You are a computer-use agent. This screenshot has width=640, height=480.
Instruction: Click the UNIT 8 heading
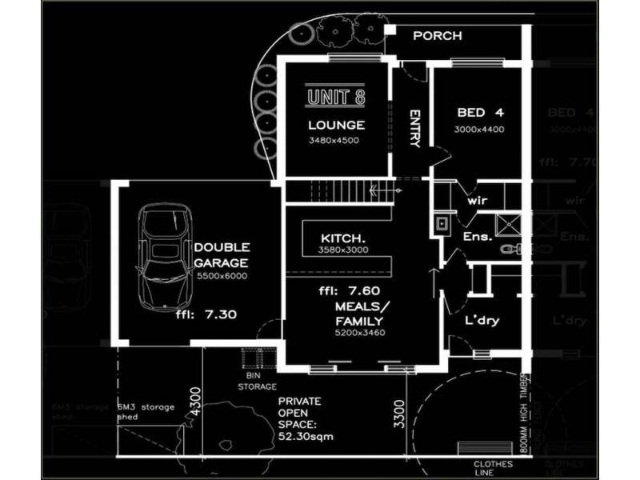(x=337, y=98)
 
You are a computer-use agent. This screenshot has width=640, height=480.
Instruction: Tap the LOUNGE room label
(x=337, y=125)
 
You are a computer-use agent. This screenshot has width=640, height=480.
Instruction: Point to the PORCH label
(x=437, y=36)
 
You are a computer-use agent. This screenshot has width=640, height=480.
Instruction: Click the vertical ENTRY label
(x=414, y=128)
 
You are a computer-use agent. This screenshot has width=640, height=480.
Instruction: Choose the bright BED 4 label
(x=480, y=112)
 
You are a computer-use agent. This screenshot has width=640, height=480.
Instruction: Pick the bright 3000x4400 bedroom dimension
(x=480, y=129)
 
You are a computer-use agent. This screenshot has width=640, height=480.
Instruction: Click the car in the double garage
(x=165, y=257)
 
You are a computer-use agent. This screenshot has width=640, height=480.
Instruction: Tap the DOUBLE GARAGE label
(x=222, y=255)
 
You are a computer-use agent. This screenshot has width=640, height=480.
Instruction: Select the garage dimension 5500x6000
(x=222, y=276)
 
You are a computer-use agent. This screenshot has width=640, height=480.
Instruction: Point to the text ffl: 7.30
(x=206, y=314)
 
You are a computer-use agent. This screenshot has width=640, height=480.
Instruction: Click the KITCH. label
(x=343, y=238)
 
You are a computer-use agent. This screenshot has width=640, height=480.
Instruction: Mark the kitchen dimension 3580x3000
(x=343, y=251)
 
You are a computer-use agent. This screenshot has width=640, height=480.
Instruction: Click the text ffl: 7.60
(x=349, y=290)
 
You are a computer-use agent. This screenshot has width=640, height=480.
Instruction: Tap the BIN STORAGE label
(x=258, y=381)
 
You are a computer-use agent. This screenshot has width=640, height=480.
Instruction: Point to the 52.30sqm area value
(x=306, y=438)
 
